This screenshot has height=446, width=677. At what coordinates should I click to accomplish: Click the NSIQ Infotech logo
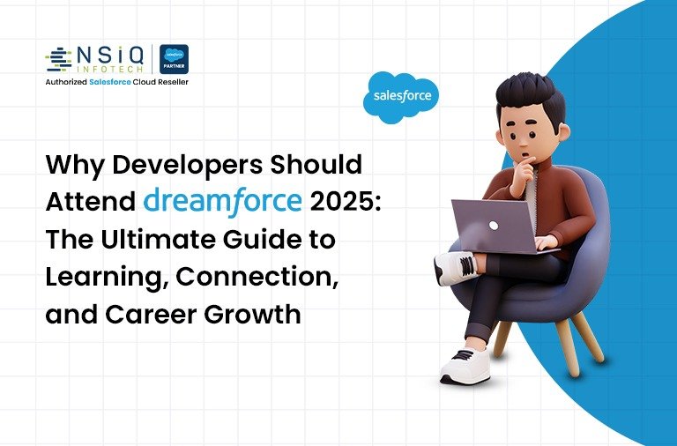[97, 58]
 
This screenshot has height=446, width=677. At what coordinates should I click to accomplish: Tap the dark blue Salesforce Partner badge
[174, 59]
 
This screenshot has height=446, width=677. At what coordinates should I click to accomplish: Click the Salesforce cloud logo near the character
[401, 97]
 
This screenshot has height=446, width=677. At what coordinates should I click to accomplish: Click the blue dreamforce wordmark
[220, 202]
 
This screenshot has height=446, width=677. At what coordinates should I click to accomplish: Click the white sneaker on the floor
[465, 364]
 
